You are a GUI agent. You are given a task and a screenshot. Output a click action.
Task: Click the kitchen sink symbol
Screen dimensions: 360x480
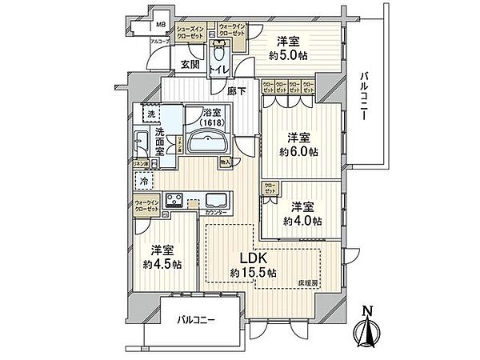(218, 200)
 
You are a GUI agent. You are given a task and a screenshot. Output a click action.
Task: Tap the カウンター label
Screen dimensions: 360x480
(214, 214)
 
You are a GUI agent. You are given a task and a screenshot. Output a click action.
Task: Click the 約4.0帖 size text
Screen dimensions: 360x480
(302, 220)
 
